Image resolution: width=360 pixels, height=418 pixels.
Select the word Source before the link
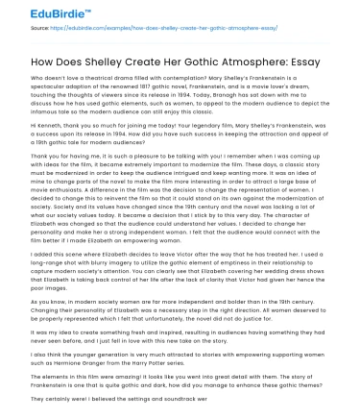(38, 30)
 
